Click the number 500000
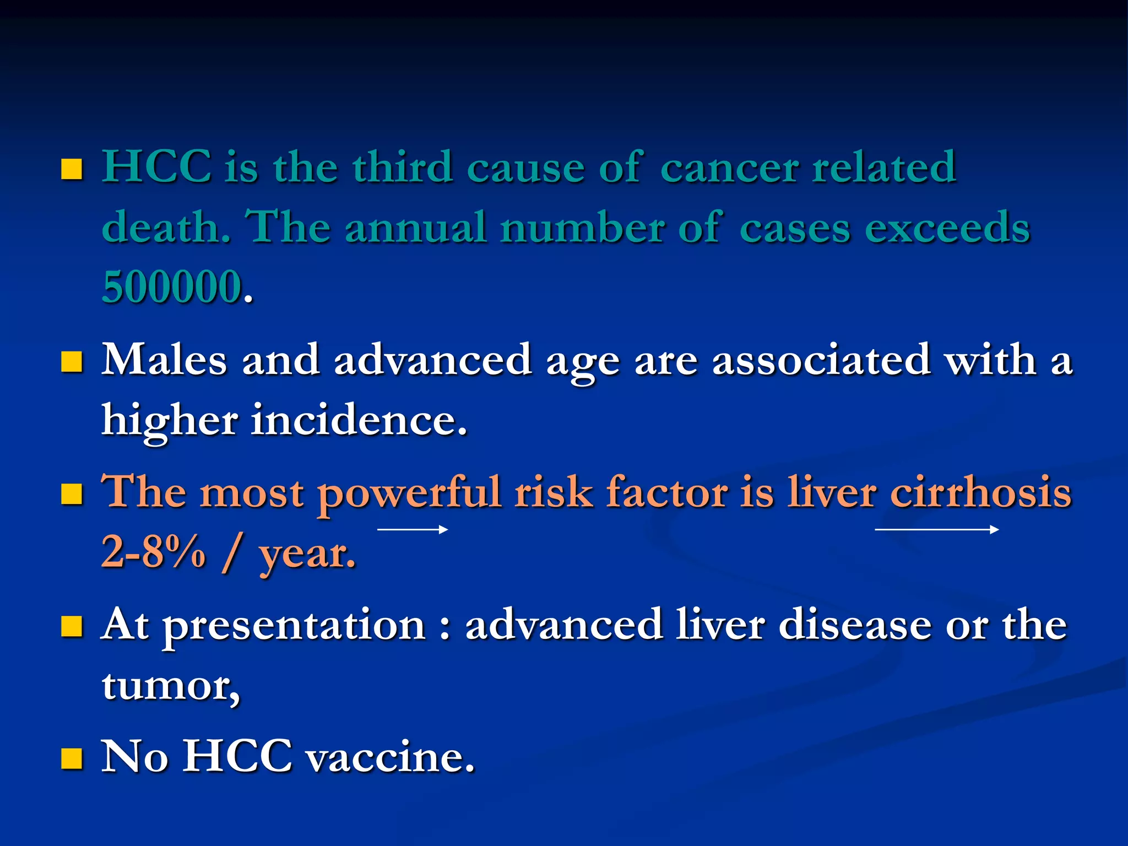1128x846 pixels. tap(172, 287)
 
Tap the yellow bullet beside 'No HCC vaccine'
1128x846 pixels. tap(72, 758)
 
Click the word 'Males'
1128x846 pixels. tap(164, 360)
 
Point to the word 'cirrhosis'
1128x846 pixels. tap(980, 492)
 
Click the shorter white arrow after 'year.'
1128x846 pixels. tap(413, 530)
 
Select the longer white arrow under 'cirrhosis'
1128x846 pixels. tap(936, 530)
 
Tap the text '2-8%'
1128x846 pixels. tap(153, 552)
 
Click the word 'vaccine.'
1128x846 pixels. tap(390, 758)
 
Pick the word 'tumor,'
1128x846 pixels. tap(171, 686)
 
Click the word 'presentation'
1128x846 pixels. tap(295, 626)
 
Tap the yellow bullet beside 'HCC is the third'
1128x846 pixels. tap(72, 170)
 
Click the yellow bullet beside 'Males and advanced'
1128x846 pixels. tap(72, 362)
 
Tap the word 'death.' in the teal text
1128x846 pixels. tap(166, 227)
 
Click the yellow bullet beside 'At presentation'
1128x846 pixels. tap(72, 627)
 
